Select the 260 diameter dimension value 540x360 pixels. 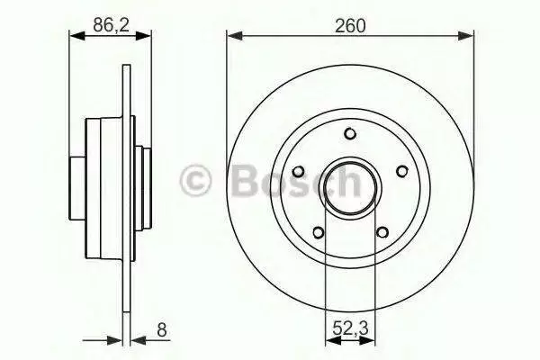[x=350, y=26]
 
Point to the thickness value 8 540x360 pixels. [x=161, y=329]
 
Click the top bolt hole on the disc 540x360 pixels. [x=350, y=133]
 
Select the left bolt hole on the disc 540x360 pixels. [x=298, y=171]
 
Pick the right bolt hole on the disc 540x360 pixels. [x=402, y=171]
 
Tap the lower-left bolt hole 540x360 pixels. [x=319, y=232]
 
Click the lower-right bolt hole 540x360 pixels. [x=382, y=232]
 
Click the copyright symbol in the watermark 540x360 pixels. [x=195, y=181]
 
